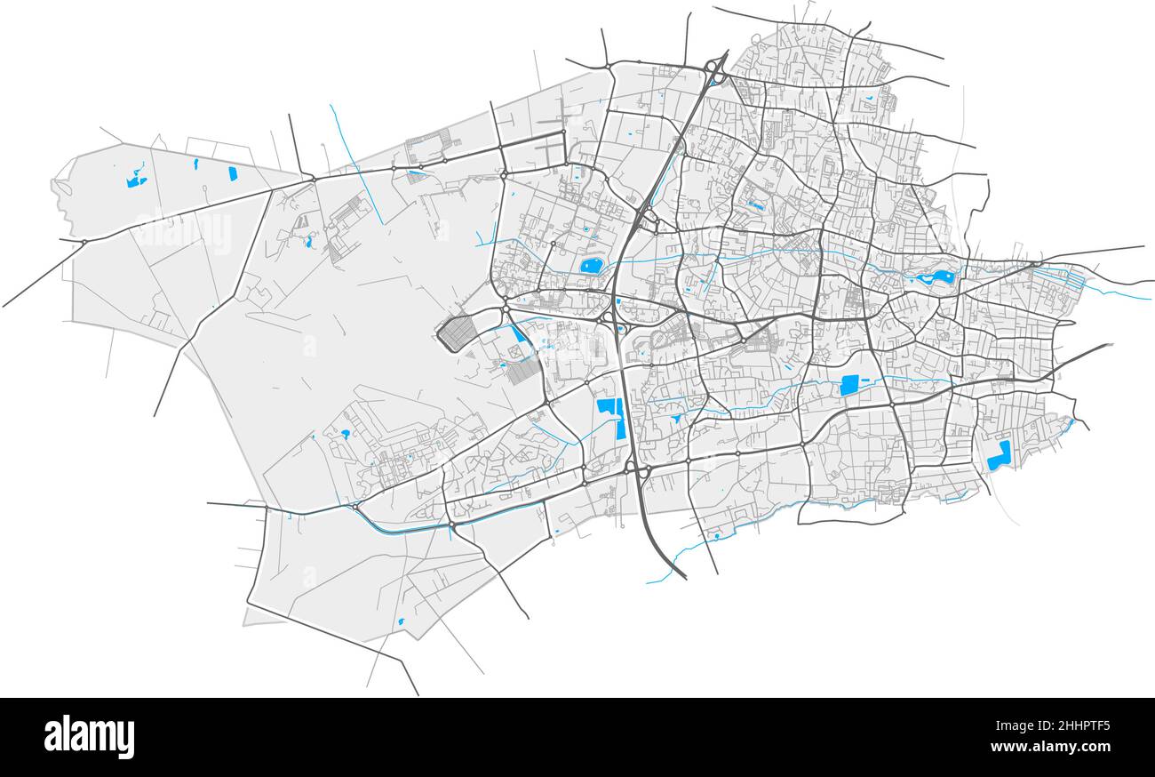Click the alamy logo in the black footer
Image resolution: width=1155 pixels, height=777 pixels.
coord(89,737)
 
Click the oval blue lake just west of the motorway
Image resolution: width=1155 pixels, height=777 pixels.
coord(591,265)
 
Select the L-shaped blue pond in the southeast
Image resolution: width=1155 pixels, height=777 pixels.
coord(999,455)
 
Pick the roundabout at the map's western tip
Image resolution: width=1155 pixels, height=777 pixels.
coord(84,242)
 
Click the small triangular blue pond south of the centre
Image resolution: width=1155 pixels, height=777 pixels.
coord(677,416)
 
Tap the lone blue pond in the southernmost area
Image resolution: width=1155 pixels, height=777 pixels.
coord(401,621)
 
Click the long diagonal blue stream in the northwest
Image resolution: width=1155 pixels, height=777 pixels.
coord(355,164)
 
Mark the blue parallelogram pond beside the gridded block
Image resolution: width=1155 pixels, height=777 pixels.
coord(516,334)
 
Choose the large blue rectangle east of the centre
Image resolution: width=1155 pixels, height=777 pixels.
coord(849,385)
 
